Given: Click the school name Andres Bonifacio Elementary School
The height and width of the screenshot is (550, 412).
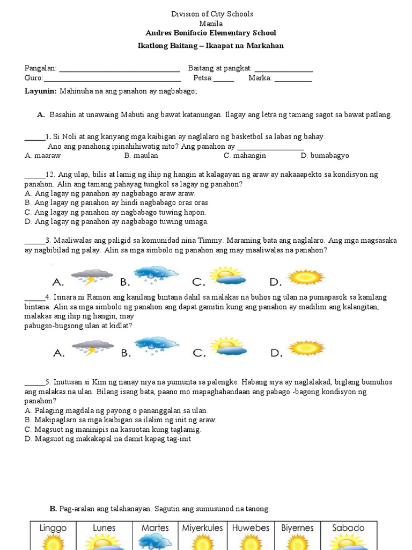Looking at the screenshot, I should coord(211,33).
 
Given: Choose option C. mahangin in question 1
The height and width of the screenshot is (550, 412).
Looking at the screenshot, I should coord(245,156).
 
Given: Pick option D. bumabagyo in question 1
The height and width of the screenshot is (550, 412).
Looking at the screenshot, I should coord(325,156).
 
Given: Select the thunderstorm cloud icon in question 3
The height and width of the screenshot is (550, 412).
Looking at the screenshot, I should coord(92,277).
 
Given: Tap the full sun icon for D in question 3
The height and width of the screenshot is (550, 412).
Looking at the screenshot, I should coord(306,277).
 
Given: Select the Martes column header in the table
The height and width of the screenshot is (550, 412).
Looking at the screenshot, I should coord(155,528).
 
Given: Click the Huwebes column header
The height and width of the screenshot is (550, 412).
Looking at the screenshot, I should coord(251,528).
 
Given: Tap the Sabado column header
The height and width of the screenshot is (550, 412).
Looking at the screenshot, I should coord(348,528).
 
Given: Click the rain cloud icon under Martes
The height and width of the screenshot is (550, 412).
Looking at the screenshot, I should coord(155,542).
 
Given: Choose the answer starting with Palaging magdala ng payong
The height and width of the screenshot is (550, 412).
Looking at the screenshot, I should coord(116,410).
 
